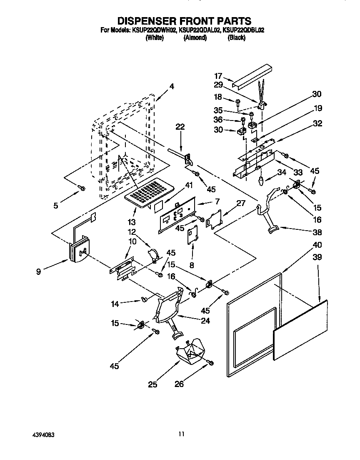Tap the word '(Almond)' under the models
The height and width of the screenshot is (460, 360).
point(195,38)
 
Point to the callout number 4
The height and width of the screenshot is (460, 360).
point(172,87)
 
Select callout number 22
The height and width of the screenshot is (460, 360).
point(180,127)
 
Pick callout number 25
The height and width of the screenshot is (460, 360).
point(152,384)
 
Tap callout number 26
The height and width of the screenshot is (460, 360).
point(179,384)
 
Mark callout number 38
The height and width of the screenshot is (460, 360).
point(318,232)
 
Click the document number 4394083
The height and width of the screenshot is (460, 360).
point(42,434)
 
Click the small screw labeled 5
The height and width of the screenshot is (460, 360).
point(82,189)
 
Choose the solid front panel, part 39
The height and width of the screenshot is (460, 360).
point(300,329)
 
